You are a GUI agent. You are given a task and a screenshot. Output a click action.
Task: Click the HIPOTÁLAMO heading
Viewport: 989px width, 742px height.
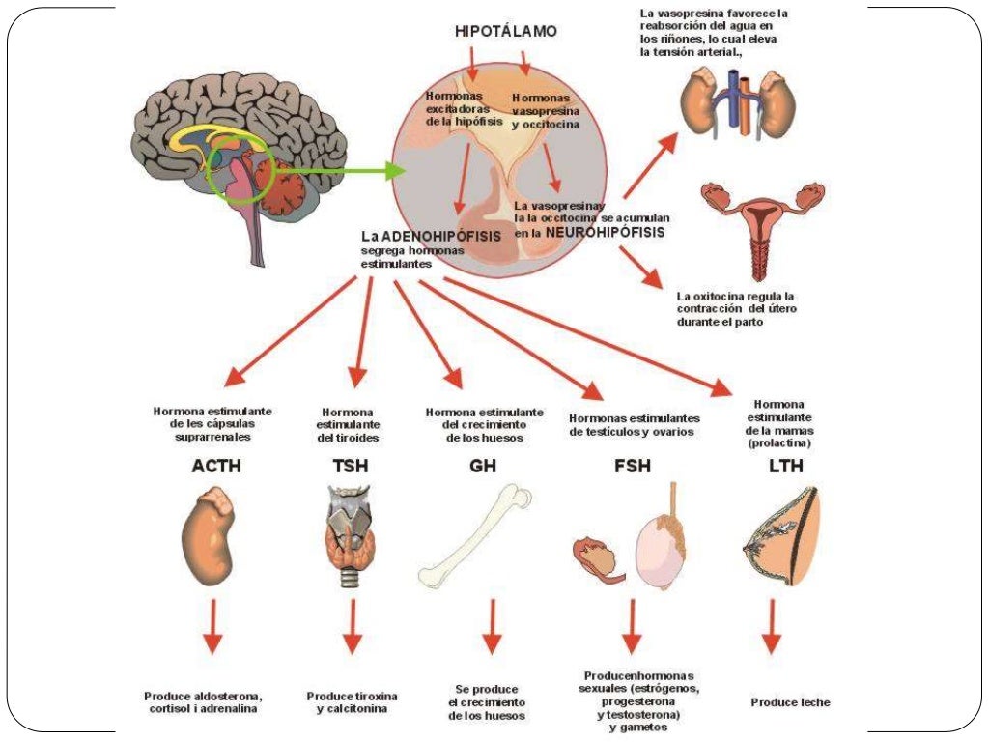505,32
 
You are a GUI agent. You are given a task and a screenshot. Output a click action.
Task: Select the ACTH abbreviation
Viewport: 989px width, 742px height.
216,467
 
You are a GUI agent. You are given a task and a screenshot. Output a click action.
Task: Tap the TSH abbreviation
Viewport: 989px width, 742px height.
351,467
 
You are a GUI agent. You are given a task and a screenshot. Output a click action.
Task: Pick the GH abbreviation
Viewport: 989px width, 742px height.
483,467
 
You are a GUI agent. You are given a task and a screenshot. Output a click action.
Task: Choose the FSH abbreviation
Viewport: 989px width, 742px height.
633,467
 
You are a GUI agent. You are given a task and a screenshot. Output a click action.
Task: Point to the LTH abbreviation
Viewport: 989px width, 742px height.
785,467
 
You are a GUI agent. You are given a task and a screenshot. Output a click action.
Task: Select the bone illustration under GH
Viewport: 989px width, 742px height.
476,536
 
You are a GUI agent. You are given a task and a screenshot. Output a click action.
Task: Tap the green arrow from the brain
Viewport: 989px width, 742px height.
338,172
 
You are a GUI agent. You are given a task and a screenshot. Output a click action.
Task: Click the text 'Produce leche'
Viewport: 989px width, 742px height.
790,702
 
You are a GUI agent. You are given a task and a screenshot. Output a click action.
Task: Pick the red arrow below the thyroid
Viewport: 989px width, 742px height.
353,627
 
